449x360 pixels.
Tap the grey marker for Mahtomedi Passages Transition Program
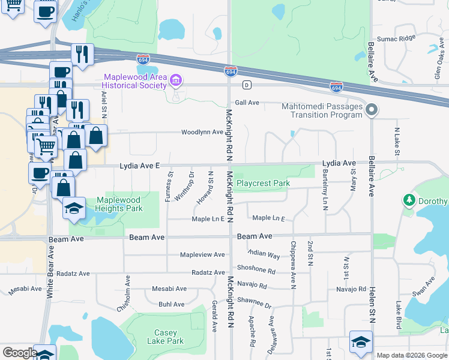[x=372, y=110]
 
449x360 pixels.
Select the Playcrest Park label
[x=264, y=183]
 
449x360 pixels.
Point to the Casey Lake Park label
[x=165, y=337]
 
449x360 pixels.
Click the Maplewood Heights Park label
[x=119, y=204]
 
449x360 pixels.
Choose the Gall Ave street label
[x=247, y=103]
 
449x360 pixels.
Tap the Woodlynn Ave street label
[x=202, y=132]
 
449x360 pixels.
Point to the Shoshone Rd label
[x=256, y=270]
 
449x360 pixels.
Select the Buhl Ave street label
[x=171, y=304]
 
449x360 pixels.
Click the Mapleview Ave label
[x=203, y=254]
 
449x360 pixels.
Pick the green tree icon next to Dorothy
[x=409, y=199]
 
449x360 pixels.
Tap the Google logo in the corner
[x=20, y=353]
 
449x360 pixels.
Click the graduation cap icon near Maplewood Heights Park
[x=73, y=209]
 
